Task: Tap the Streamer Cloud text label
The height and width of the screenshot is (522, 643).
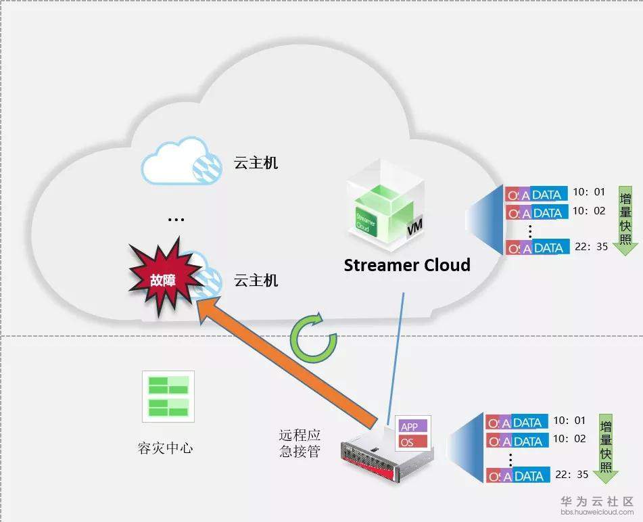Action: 406,264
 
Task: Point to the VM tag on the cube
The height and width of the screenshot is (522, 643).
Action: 414,231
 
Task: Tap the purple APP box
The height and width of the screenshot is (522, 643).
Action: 410,427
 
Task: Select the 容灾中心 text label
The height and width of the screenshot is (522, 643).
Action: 164,448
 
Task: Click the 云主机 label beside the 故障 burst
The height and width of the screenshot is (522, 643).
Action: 256,279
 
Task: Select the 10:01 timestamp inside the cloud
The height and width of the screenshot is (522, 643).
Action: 588,193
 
